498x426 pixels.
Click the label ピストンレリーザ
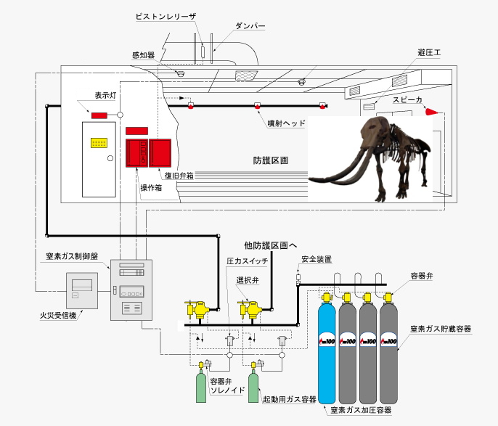[165, 15]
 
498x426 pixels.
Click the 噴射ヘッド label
[286, 124]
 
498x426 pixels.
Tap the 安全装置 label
[317, 259]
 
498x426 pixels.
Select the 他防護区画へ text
[272, 245]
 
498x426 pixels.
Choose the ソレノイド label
[228, 390]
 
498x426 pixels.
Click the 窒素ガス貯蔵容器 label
[441, 329]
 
